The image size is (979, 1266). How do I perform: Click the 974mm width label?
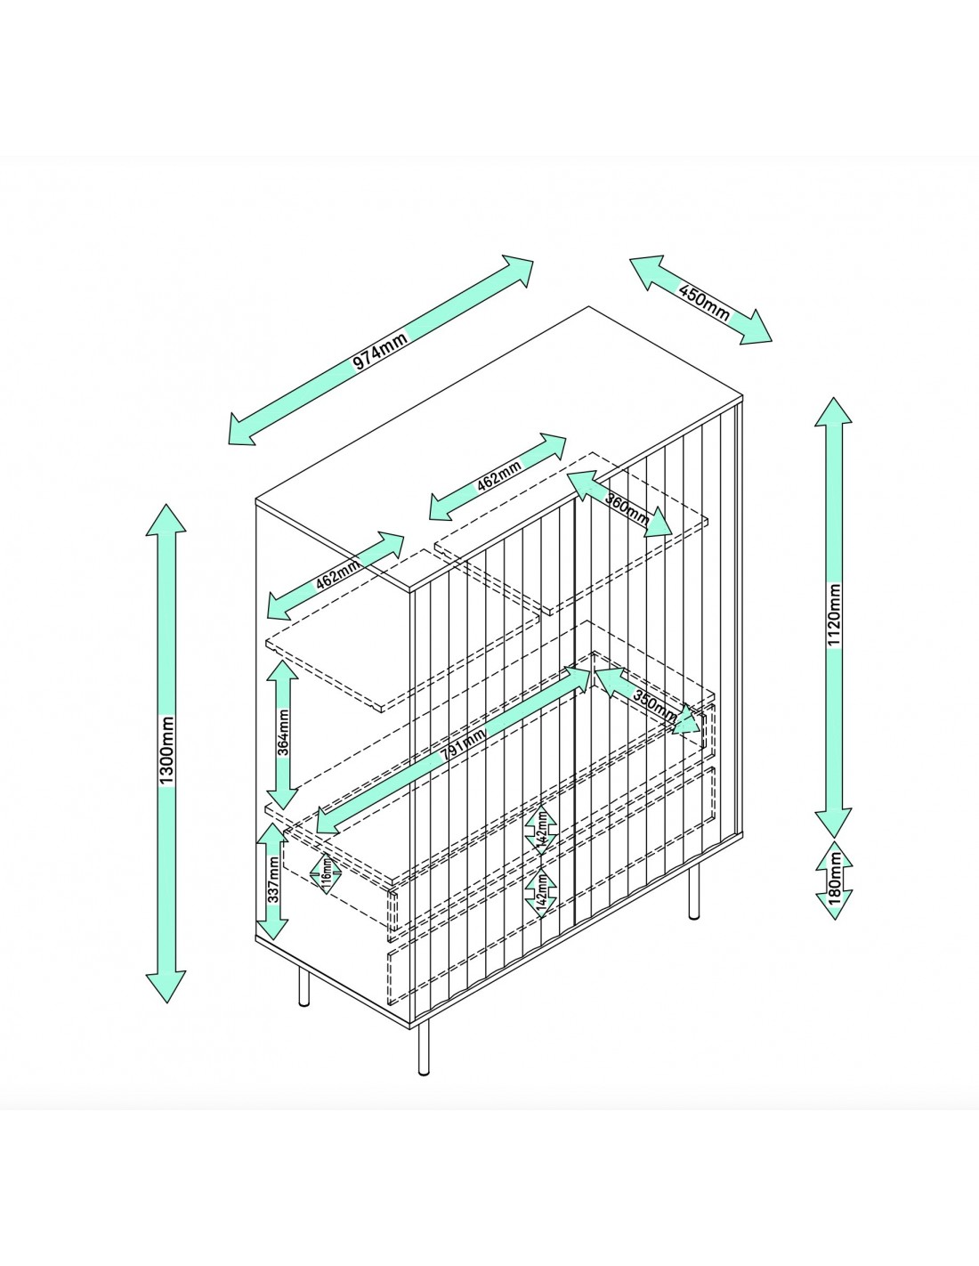[380, 353]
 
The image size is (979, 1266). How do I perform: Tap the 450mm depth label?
[703, 302]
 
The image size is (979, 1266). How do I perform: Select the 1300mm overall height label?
[166, 751]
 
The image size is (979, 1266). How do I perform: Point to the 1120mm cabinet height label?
[834, 616]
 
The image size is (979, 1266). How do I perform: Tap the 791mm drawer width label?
[463, 743]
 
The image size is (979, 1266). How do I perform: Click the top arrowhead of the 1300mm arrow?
[166, 517]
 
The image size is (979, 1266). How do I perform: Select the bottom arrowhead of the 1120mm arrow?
[834, 823]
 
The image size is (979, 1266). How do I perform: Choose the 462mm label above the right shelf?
[499, 476]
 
